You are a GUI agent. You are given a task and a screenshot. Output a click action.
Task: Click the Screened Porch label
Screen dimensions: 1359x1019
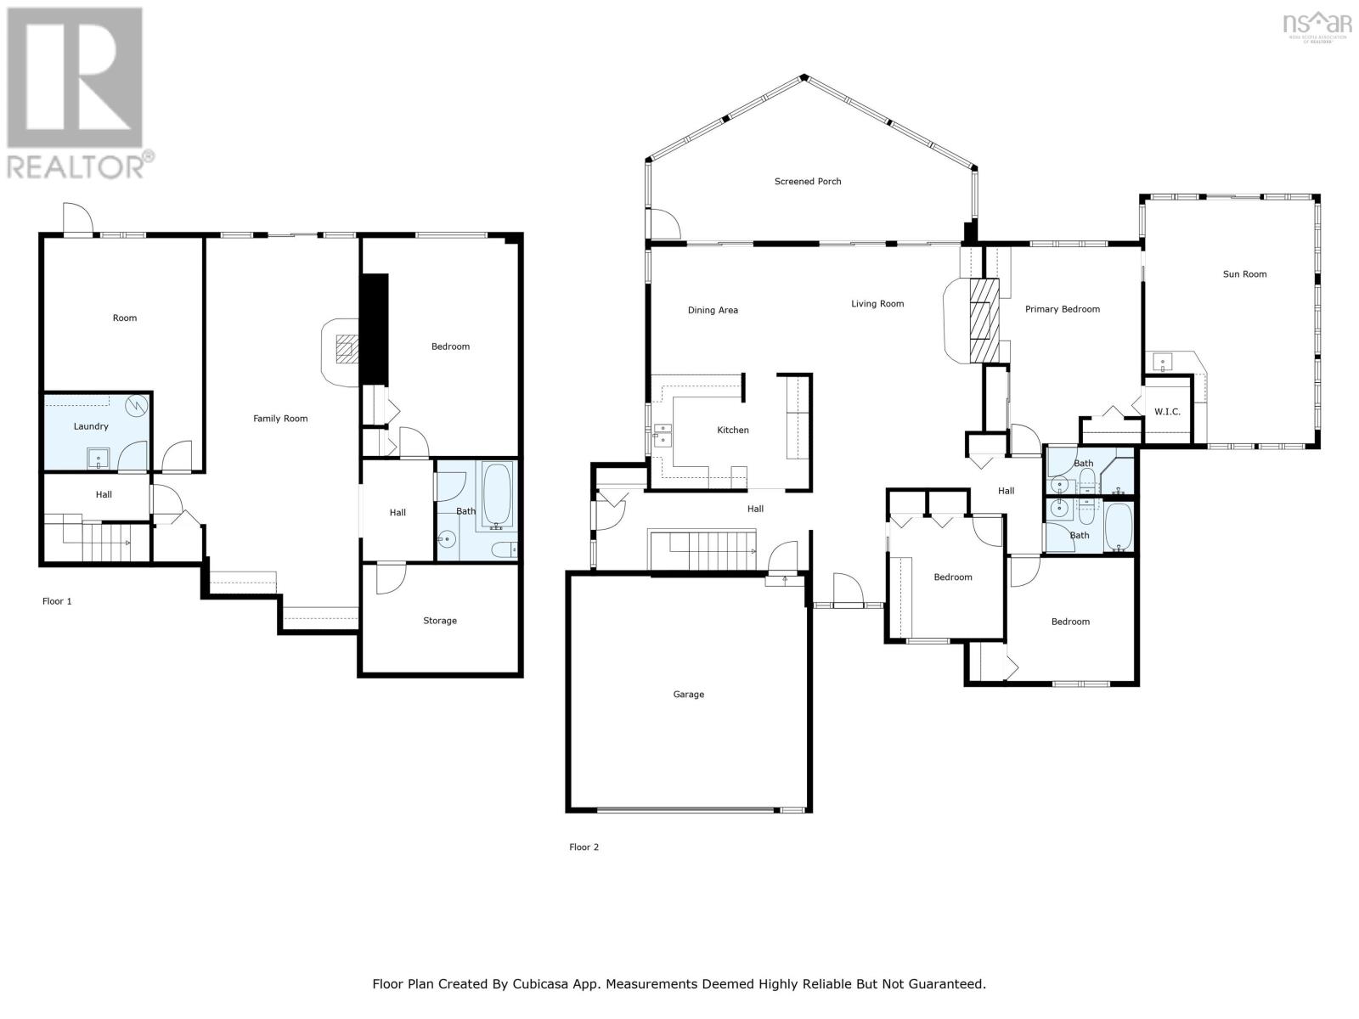808,181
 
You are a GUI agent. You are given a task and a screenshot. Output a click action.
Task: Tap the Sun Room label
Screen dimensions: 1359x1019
1244,274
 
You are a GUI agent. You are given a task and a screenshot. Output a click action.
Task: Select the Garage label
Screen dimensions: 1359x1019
689,694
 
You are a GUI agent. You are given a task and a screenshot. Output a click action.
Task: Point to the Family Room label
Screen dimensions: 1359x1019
279,419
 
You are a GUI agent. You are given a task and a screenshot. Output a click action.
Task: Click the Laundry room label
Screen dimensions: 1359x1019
91,426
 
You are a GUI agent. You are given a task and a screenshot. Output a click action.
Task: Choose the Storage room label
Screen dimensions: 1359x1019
440,621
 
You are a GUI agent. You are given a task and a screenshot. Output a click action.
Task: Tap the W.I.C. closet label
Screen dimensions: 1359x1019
1167,412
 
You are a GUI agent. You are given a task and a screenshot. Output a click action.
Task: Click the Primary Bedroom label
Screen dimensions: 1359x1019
1063,309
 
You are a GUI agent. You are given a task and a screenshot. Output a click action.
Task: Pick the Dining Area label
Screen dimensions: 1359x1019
713,310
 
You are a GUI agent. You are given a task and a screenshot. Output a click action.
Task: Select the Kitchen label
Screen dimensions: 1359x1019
733,430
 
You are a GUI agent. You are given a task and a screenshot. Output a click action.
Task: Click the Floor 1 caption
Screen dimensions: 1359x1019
57,601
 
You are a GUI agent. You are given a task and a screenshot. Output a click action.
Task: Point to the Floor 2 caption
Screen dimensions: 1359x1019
584,847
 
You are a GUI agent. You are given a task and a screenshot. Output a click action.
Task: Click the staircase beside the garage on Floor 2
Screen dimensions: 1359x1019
702,549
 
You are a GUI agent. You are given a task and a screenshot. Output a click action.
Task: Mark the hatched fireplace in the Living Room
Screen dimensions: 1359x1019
984,320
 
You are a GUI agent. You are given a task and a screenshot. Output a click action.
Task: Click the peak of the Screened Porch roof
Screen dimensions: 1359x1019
804,77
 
